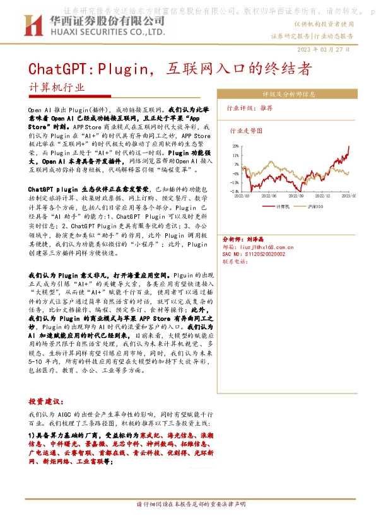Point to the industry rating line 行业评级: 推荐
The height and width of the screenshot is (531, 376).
[250, 108]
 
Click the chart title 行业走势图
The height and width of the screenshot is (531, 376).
[245, 132]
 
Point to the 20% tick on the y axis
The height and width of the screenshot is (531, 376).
[235, 146]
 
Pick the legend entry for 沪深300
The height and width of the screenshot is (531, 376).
[315, 206]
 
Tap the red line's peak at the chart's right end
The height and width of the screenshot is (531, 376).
[349, 147]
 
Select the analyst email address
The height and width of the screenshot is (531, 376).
[258, 247]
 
